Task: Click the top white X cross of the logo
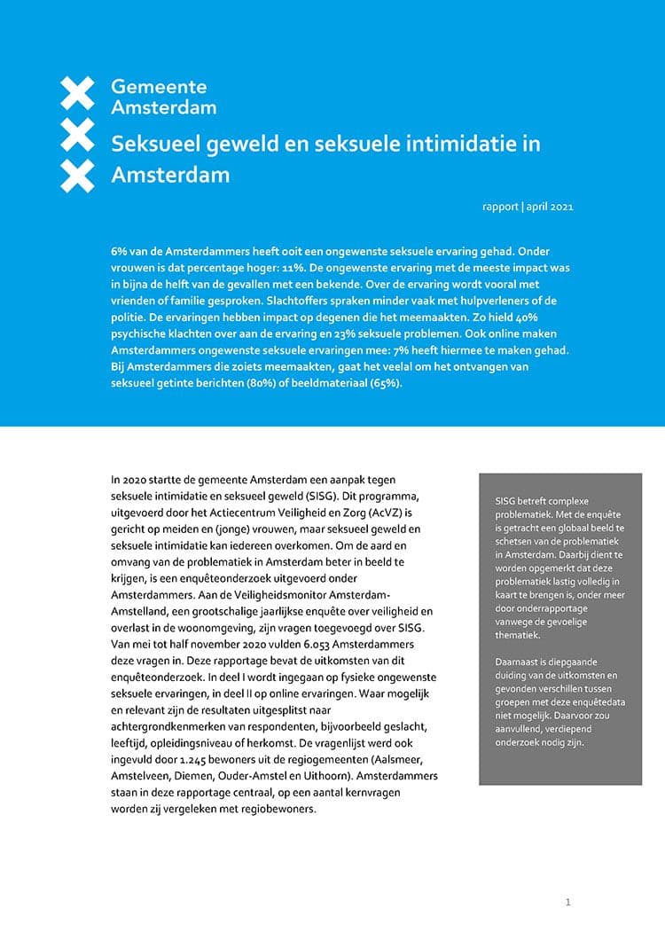coord(77,91)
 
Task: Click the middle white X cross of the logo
coord(77,134)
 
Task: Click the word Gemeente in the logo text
coord(159,87)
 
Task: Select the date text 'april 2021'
coord(549,207)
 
